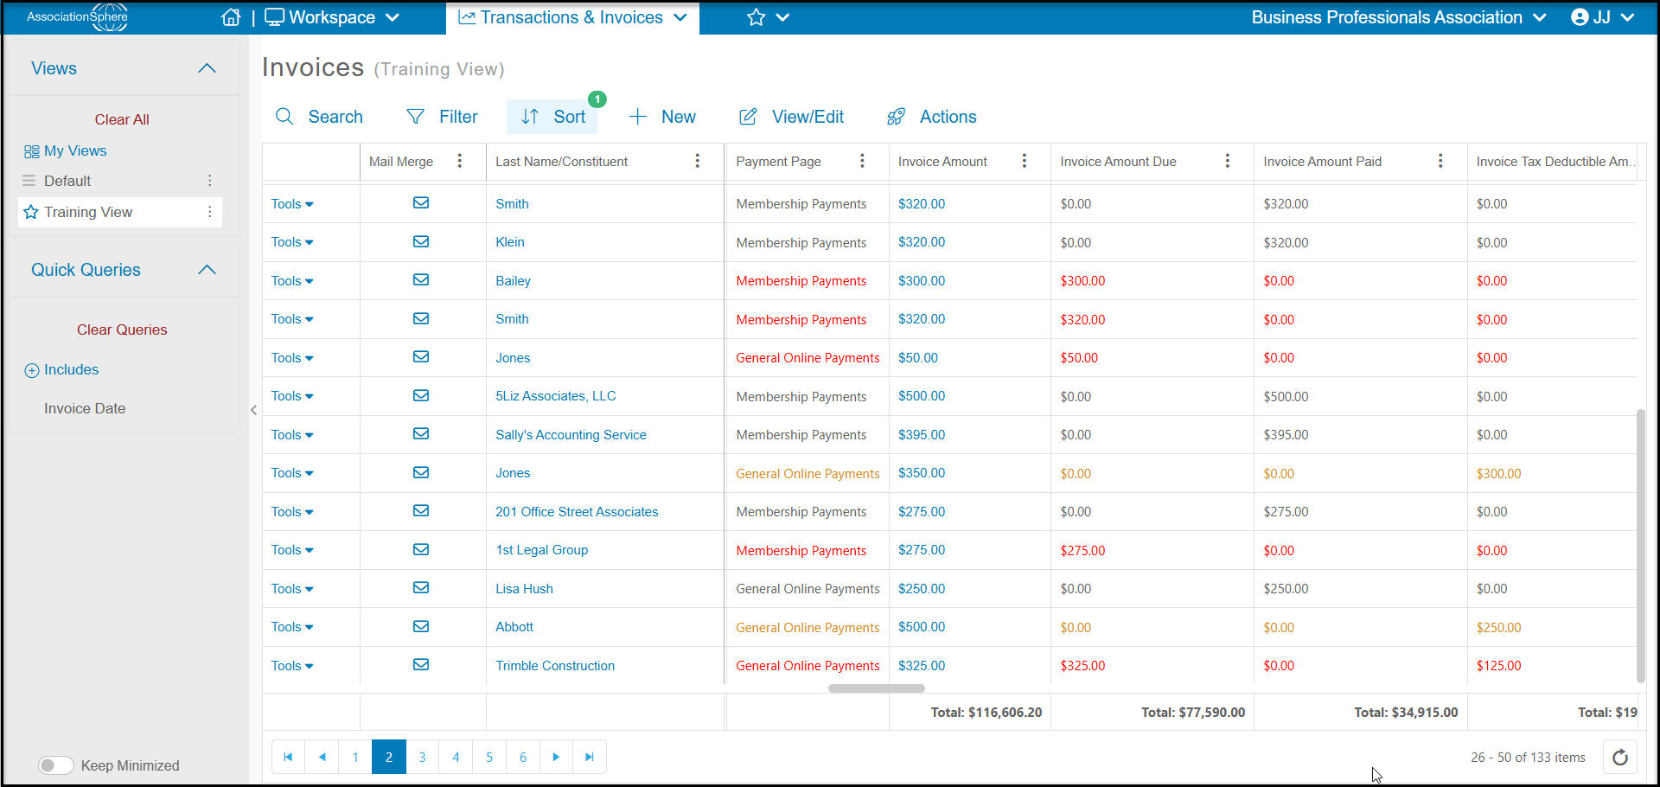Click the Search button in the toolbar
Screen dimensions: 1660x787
(x=319, y=117)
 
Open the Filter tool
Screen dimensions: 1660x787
(x=442, y=117)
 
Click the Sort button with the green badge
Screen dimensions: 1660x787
(x=552, y=117)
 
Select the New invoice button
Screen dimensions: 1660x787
(x=662, y=117)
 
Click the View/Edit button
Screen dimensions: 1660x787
(x=791, y=117)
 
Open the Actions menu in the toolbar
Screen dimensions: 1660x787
(x=932, y=117)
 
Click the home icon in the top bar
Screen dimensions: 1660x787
(x=231, y=17)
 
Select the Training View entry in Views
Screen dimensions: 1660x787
(x=88, y=212)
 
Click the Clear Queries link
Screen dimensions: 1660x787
(x=122, y=330)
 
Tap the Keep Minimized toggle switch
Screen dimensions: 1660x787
(x=56, y=765)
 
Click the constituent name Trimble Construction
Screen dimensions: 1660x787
(x=555, y=666)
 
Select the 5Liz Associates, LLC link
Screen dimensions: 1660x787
(x=556, y=396)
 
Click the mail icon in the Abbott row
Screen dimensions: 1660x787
(x=421, y=627)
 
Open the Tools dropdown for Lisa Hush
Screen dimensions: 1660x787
(x=292, y=589)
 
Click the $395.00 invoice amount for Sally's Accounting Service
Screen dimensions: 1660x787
(x=922, y=435)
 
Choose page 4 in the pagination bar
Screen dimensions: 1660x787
(x=456, y=757)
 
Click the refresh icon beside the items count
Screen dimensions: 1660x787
(x=1620, y=758)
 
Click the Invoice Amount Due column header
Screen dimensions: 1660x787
(x=1118, y=162)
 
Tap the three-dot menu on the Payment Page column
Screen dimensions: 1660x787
(x=862, y=161)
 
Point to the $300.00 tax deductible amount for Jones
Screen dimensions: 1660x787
(x=1498, y=474)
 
